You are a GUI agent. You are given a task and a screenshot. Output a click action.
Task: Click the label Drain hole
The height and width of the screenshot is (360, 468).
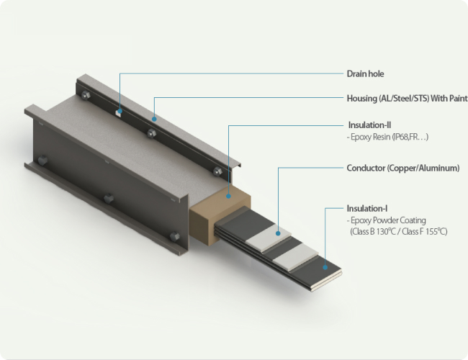(365, 73)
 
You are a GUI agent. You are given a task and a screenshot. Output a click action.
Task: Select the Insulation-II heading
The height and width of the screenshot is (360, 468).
(369, 125)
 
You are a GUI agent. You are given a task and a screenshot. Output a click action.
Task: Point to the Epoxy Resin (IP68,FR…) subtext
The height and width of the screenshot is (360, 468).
(387, 137)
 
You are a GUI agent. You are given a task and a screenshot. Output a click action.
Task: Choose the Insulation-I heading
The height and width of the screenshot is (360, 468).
(367, 208)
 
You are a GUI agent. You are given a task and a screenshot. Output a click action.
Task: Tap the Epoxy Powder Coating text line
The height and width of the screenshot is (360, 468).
(387, 220)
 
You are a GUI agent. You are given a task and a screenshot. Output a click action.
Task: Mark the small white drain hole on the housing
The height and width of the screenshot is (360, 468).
(118, 113)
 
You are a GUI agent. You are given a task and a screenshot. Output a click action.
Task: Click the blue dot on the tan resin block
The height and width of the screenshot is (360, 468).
(228, 196)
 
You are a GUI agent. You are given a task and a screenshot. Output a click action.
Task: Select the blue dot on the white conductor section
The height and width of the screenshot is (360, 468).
(278, 233)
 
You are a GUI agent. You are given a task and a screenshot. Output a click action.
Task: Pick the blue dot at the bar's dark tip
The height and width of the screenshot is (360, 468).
(325, 267)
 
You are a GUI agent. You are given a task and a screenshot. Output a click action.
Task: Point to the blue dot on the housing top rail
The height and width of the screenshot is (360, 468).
(154, 119)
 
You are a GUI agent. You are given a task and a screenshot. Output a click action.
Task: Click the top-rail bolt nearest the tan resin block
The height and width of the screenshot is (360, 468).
(217, 171)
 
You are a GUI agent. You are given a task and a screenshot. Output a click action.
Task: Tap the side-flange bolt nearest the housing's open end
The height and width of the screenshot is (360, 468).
(175, 237)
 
